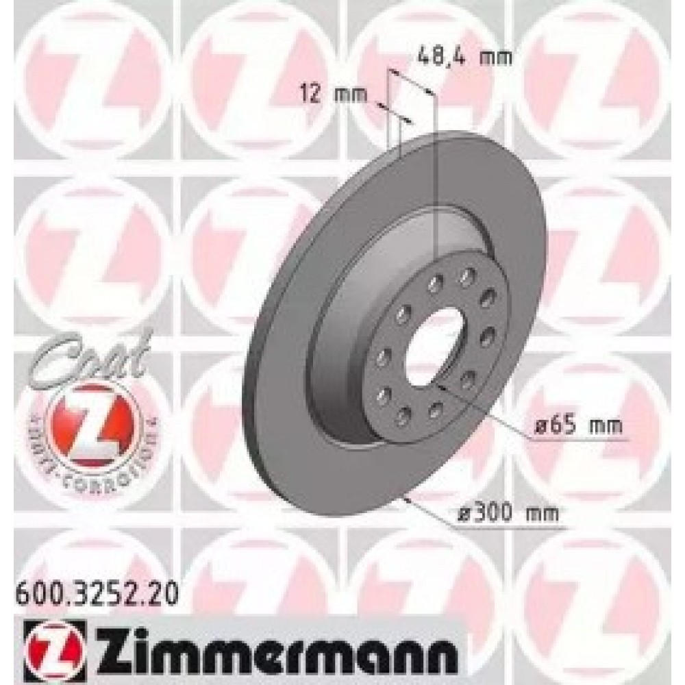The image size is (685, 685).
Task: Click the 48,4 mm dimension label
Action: (464, 57)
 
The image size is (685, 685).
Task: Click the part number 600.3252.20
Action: (96, 591)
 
